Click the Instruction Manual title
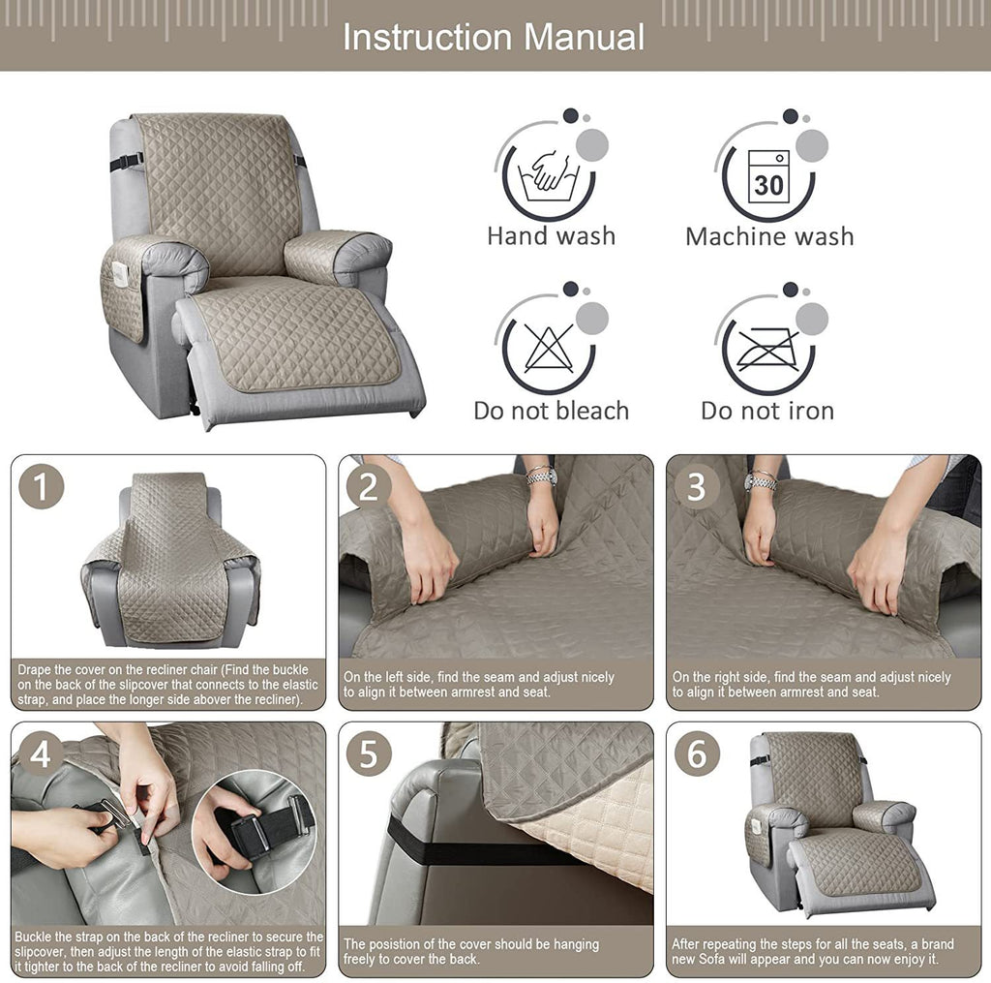point(494,37)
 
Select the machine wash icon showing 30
point(768,175)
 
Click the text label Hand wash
point(551,236)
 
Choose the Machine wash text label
point(769,236)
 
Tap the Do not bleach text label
point(551,411)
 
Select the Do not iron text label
point(767,411)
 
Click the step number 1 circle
point(41,486)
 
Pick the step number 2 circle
point(368,487)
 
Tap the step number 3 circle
point(696,487)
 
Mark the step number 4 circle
point(41,754)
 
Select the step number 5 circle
point(368,754)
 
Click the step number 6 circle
point(696,754)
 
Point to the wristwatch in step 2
point(542,476)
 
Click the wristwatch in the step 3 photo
point(762,480)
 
